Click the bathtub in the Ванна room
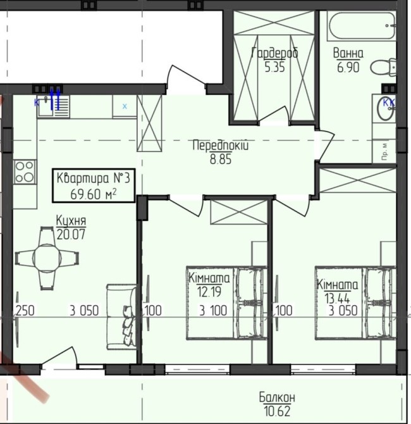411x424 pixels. click(362, 26)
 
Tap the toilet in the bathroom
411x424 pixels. click(384, 67)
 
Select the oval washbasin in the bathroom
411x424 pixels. click(386, 109)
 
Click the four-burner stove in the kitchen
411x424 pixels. click(25, 172)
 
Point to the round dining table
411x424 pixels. click(47, 258)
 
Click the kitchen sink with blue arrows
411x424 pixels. click(53, 106)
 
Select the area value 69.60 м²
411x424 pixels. click(94, 194)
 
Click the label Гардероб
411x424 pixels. click(275, 53)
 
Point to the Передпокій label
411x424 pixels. click(221, 145)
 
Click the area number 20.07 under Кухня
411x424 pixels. click(71, 234)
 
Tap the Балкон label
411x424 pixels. click(277, 397)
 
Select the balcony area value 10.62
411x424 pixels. click(277, 411)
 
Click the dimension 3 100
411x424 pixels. click(213, 311)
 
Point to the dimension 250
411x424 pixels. click(25, 311)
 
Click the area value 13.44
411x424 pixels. click(337, 298)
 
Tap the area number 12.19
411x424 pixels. click(209, 292)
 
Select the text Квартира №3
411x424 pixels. click(94, 178)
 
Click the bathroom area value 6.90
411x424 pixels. click(348, 67)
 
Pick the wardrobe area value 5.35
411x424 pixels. click(274, 67)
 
